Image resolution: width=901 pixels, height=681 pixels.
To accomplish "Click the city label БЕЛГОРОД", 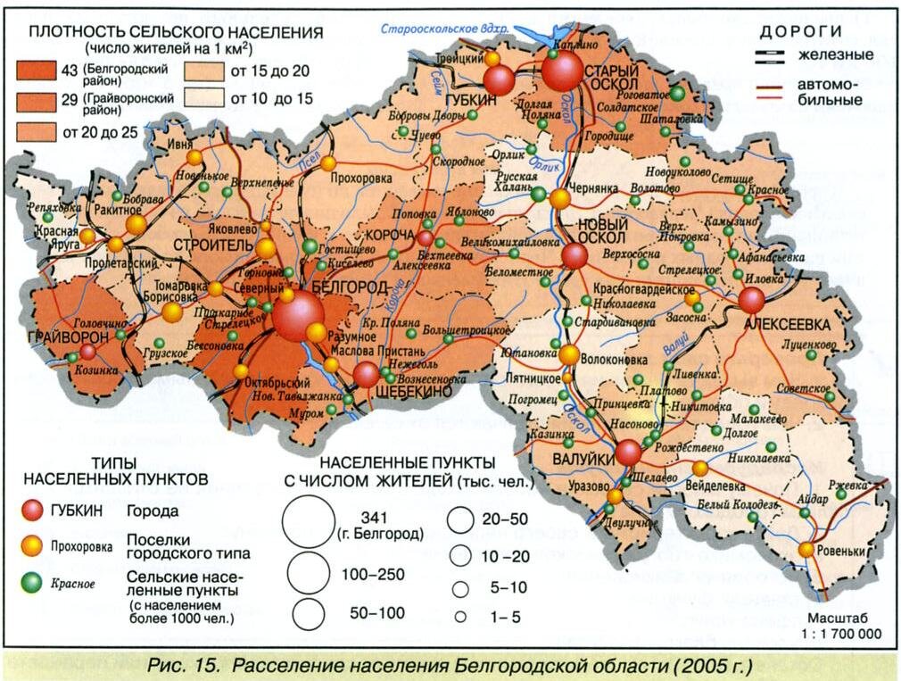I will tap(350, 287).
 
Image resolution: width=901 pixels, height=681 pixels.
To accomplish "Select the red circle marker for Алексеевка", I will tap(752, 301).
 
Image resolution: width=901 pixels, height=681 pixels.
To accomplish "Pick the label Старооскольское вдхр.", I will tap(443, 29).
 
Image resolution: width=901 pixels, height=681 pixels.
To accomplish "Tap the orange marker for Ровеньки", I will tap(806, 550).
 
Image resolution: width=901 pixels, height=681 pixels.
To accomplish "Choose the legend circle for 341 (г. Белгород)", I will tap(308, 522).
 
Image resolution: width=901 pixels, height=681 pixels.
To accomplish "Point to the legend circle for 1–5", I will tap(461, 616).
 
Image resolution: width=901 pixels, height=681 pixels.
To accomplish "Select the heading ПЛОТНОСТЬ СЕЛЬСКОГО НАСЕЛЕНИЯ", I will tap(176, 32).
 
